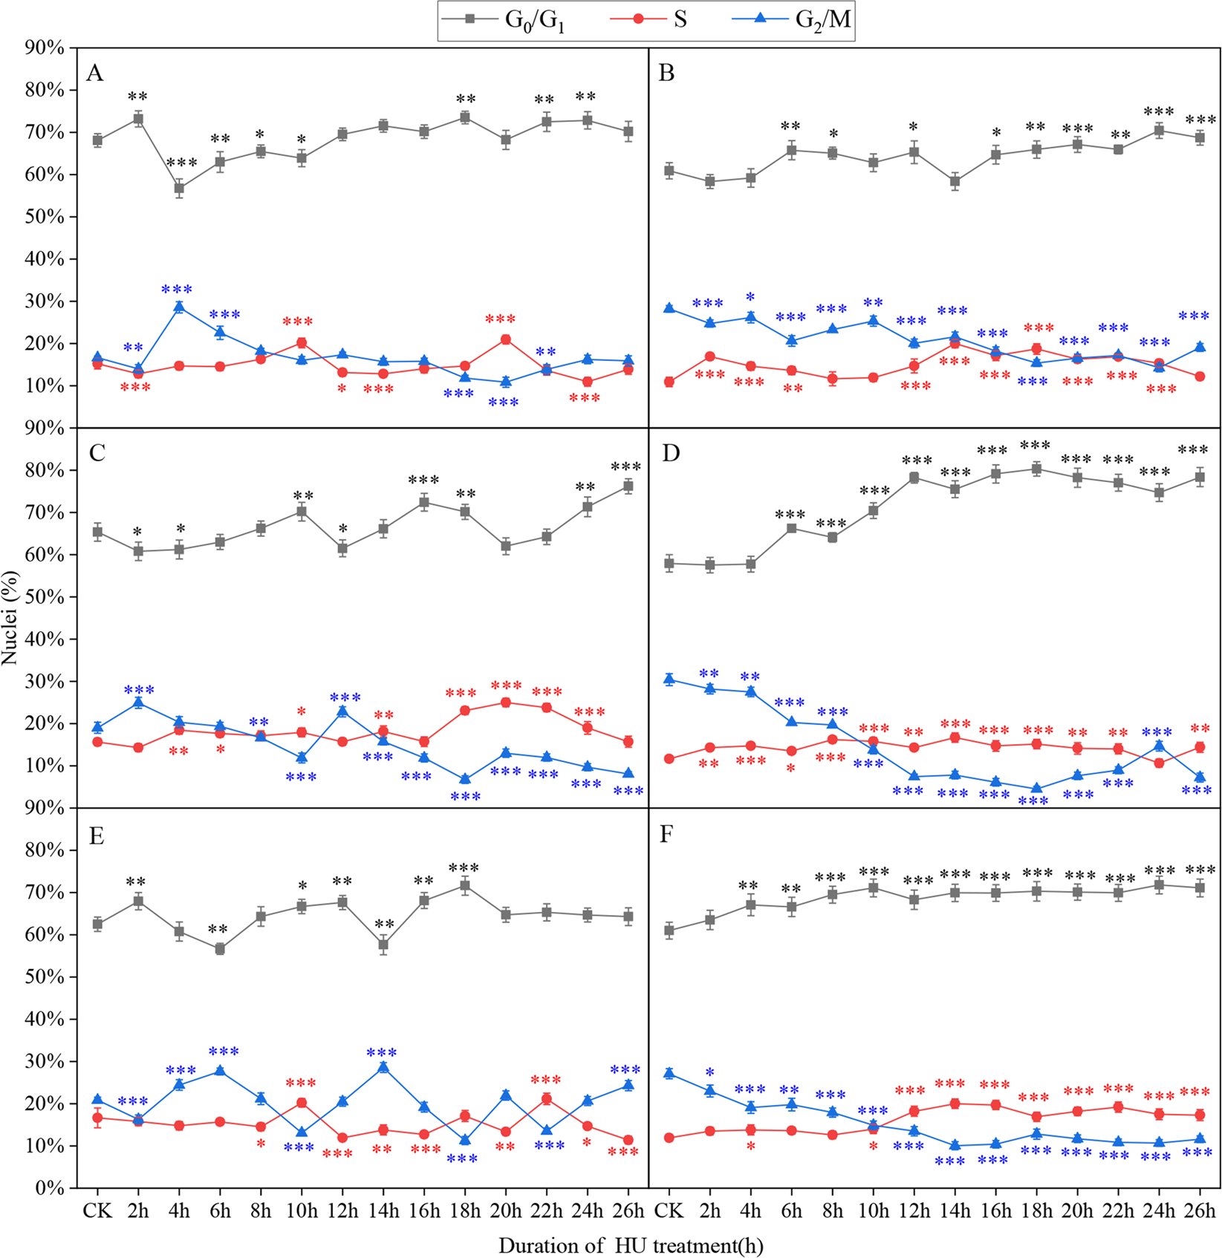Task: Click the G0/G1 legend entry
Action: tap(513, 19)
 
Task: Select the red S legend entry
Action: tap(657, 19)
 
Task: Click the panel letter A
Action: tap(94, 73)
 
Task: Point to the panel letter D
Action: tap(670, 453)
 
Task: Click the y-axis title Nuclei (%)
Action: tap(10, 618)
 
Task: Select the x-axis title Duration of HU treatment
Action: tap(631, 1245)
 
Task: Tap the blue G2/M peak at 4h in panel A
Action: tap(179, 307)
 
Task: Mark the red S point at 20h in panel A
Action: tap(506, 339)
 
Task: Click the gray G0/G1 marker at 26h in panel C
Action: tap(628, 486)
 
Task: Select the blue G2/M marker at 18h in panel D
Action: tap(1036, 789)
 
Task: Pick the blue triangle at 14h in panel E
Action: tap(383, 1066)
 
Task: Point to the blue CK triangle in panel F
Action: tap(669, 1073)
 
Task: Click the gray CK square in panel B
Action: tap(669, 171)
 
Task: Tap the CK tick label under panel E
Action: tap(97, 1210)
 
